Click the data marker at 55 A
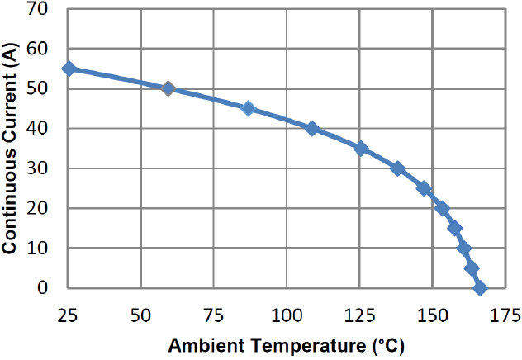69,69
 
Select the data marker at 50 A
168,88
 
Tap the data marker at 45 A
248,108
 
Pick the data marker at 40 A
311,128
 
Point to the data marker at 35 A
360,149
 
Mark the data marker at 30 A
397,168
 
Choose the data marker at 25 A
424,188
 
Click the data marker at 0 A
480,288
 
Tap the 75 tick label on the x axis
213,316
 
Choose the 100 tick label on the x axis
287,316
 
